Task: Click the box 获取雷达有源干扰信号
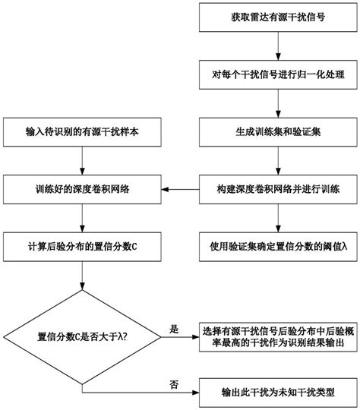pyautogui.click(x=277, y=17)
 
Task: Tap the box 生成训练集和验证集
pyautogui.click(x=277, y=131)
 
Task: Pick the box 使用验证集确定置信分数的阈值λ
pyautogui.click(x=277, y=246)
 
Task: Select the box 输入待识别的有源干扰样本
pyautogui.click(x=81, y=131)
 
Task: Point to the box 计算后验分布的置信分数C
pyautogui.click(x=81, y=246)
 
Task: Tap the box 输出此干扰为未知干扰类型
pyautogui.click(x=277, y=395)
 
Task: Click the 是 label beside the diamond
pyautogui.click(x=174, y=329)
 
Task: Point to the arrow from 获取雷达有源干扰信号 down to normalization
pyautogui.click(x=277, y=46)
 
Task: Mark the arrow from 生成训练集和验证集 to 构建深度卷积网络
pyautogui.click(x=277, y=160)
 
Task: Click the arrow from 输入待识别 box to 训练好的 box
pyautogui.click(x=81, y=160)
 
